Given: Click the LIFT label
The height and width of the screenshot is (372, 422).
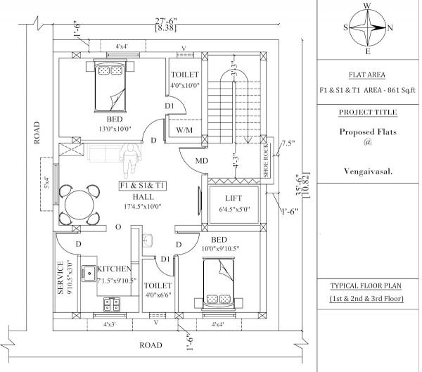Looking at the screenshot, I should click(x=234, y=198).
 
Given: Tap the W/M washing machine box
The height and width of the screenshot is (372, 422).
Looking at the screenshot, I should click(x=185, y=130).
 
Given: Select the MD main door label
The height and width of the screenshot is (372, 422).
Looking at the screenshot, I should click(x=201, y=162).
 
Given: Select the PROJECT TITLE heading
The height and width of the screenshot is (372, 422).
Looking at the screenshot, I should click(x=368, y=113).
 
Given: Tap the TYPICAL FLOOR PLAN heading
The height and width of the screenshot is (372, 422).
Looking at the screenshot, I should click(x=368, y=286).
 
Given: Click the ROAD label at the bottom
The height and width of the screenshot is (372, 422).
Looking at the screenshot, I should click(x=151, y=345).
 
